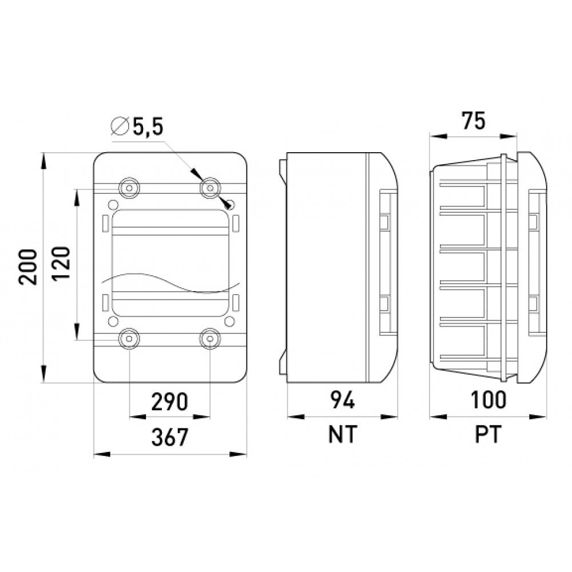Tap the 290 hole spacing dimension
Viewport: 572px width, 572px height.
coord(170,402)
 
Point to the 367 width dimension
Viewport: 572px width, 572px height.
coord(170,437)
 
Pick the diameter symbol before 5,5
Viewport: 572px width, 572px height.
coord(120,126)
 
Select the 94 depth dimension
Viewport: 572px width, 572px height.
coord(342,400)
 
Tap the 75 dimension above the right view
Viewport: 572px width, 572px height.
coord(474,121)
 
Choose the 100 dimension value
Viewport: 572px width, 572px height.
coord(488,399)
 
